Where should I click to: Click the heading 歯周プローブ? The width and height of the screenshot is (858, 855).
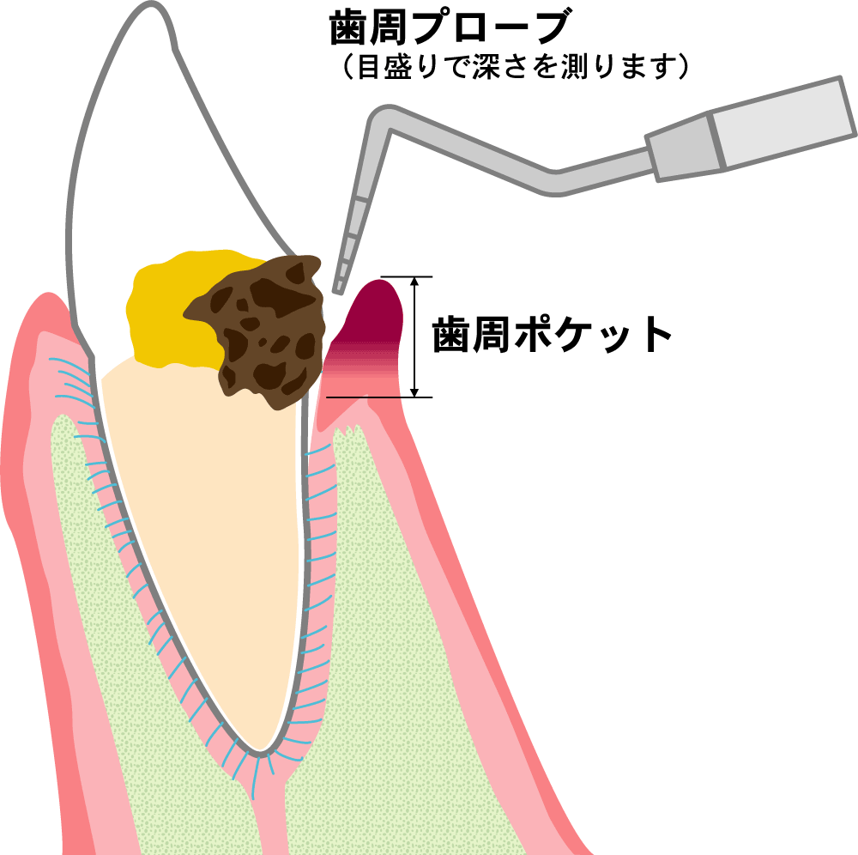coord(449,29)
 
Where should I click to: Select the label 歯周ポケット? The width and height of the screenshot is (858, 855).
coord(552,335)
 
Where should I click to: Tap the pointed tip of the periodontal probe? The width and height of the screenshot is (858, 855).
coord(337,289)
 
